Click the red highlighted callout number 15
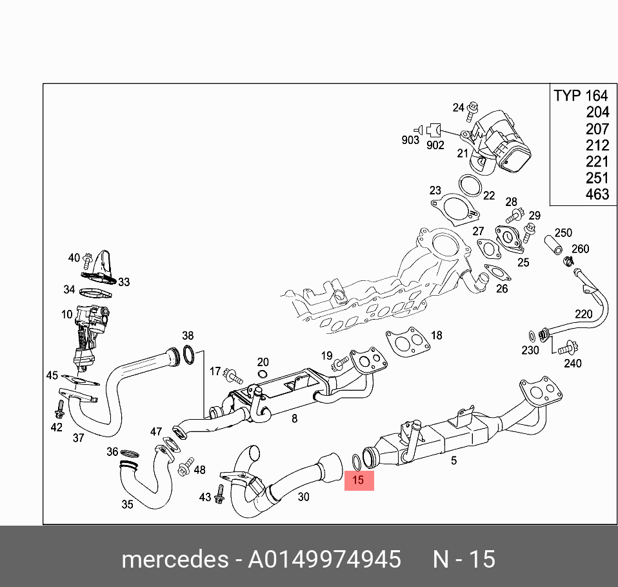click(359, 480)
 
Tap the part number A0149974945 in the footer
click(324, 559)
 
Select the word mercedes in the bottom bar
click(174, 559)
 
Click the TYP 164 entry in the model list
click(581, 96)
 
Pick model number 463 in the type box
click(597, 194)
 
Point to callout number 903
click(410, 140)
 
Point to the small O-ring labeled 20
click(262, 375)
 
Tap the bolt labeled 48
click(186, 465)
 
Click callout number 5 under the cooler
click(454, 460)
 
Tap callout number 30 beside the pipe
click(303, 497)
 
